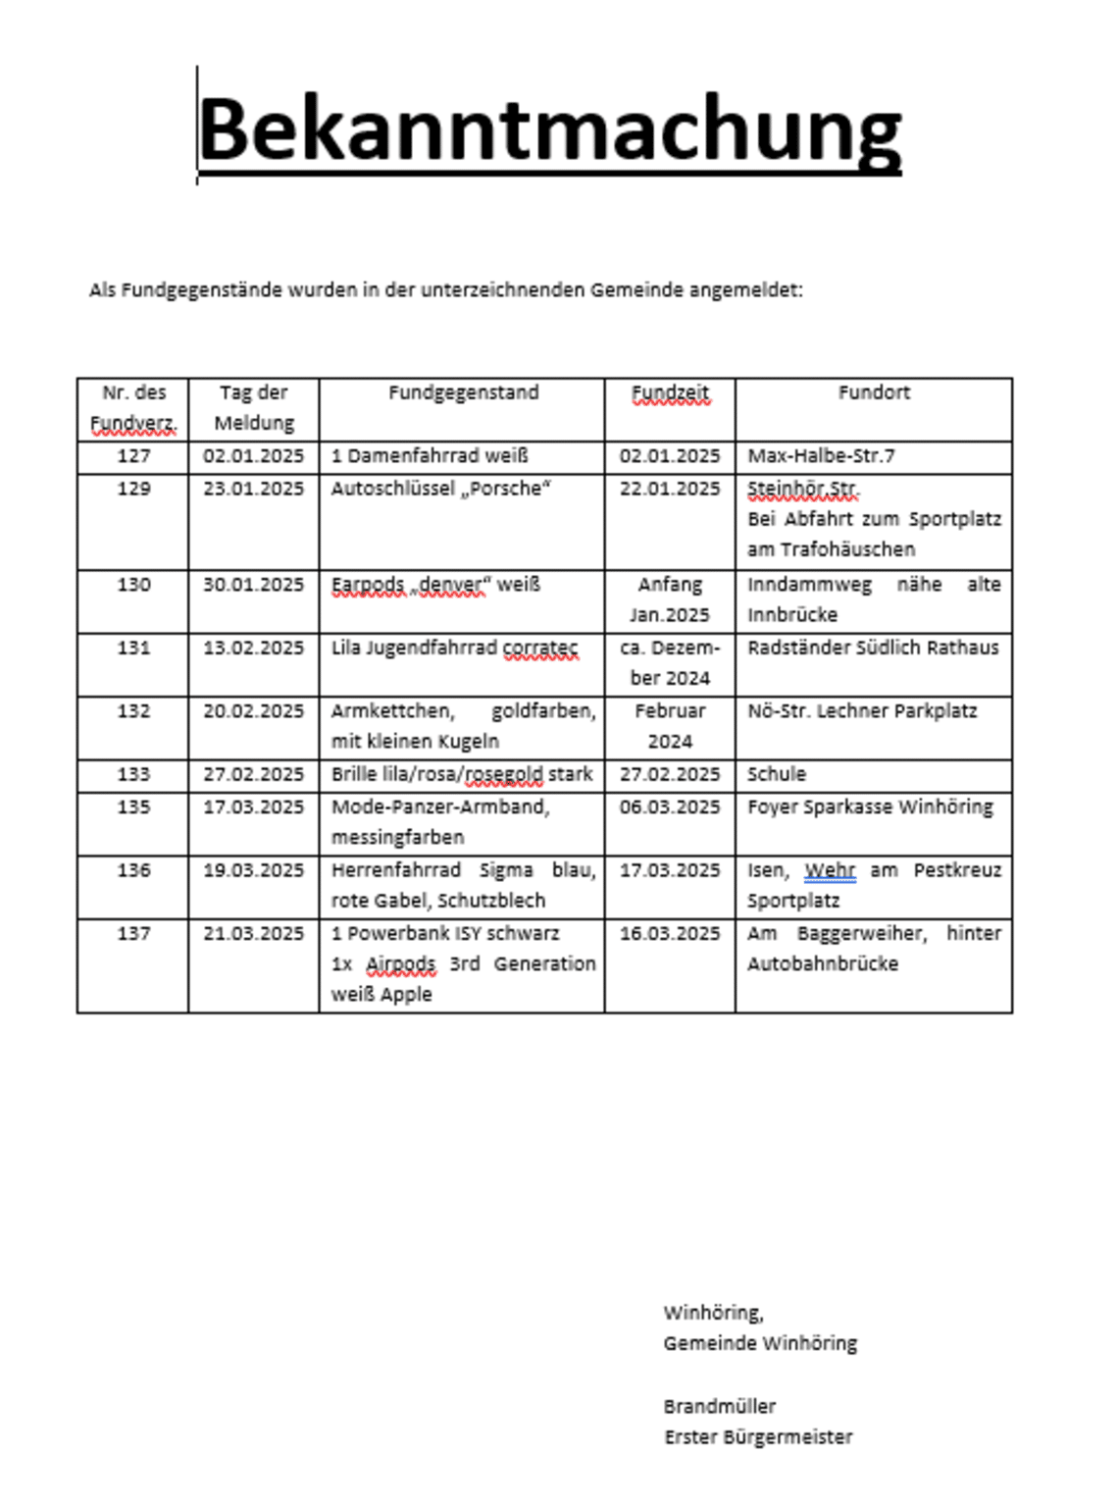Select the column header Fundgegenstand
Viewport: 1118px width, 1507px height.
(463, 392)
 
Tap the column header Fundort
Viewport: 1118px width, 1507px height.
(874, 392)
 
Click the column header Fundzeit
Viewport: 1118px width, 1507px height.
(670, 392)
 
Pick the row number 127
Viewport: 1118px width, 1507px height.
(133, 456)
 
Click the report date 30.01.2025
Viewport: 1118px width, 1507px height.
(253, 585)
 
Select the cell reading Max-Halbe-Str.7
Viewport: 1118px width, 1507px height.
(821, 456)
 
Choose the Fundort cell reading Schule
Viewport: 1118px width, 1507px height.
(776, 774)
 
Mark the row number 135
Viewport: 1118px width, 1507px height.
(133, 807)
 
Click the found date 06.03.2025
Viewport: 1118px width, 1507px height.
(670, 807)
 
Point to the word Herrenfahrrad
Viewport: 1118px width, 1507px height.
(395, 870)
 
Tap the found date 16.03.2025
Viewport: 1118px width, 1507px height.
(670, 933)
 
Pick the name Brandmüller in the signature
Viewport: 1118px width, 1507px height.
(719, 1406)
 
